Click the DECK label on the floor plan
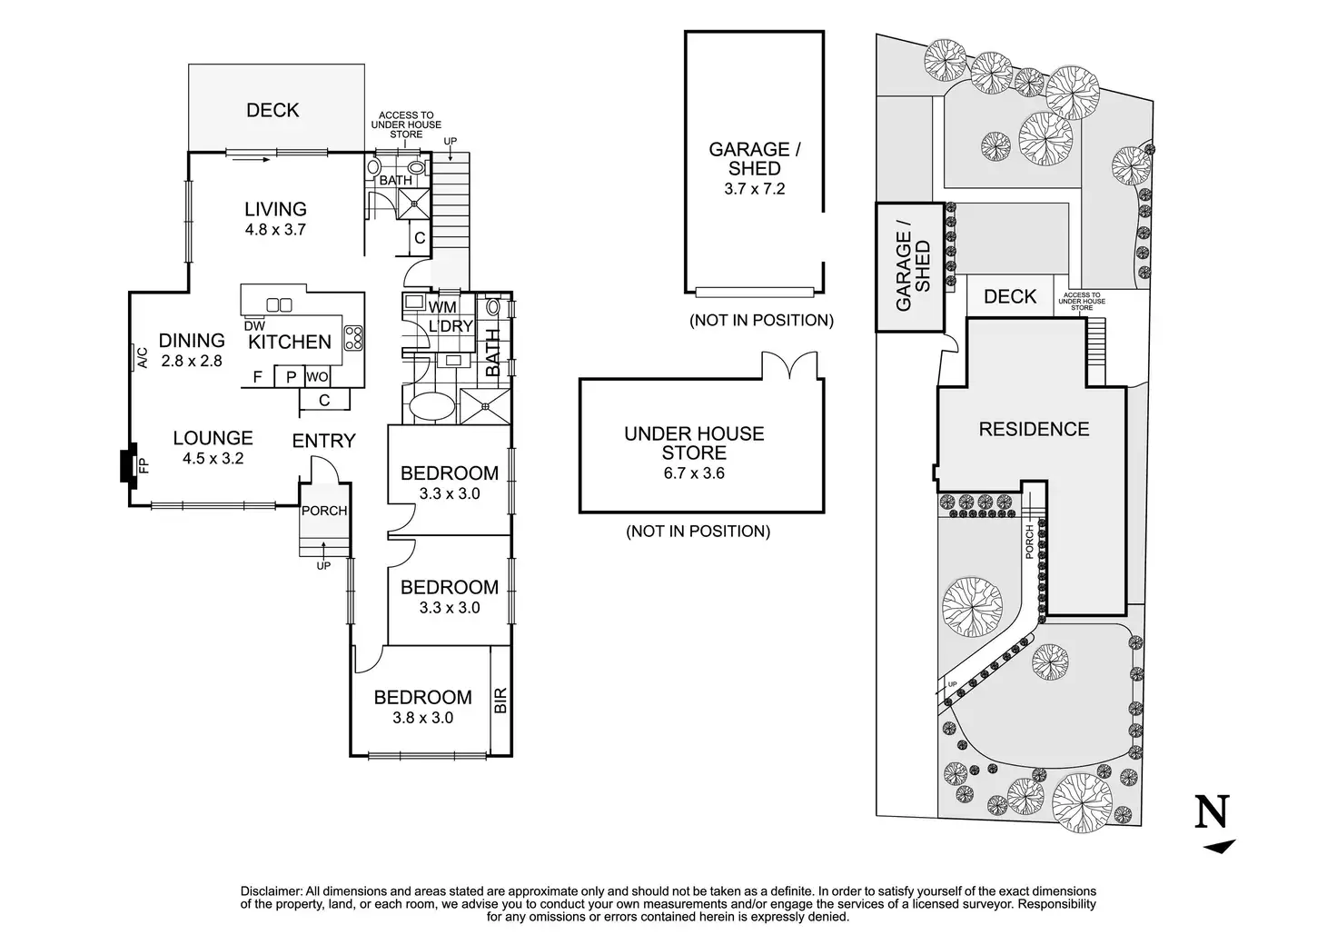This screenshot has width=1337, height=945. coord(272,110)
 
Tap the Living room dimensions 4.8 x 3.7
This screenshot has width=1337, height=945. coord(275,230)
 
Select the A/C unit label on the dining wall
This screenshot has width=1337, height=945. coord(141,358)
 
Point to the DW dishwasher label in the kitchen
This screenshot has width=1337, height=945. coord(254,325)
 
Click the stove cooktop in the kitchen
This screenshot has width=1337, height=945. coord(353,338)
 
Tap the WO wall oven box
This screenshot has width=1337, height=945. coord(317,376)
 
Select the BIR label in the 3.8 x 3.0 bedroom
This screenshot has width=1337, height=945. coord(500,699)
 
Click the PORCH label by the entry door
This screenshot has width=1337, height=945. coord(324,511)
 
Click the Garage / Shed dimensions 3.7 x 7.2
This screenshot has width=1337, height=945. coord(755,189)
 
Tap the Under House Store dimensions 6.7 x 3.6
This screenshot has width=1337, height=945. coord(694,472)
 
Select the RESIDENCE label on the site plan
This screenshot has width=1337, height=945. coord(1034,429)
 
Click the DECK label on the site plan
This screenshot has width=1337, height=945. coord(1010,296)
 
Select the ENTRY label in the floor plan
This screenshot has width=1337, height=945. coord(323,441)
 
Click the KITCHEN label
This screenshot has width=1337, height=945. coord(290,342)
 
